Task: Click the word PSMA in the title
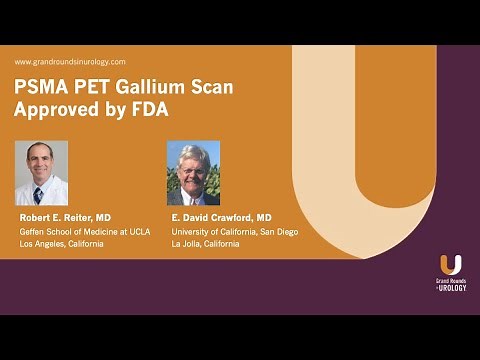tap(41, 87)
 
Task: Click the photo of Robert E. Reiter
tap(41, 172)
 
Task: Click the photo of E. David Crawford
tap(192, 172)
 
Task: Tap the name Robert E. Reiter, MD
tap(64, 217)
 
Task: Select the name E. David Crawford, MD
tap(221, 217)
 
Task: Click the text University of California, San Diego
tap(234, 232)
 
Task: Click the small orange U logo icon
tap(450, 265)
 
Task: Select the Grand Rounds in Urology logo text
tap(450, 284)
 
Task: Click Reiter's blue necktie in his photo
tap(39, 192)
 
